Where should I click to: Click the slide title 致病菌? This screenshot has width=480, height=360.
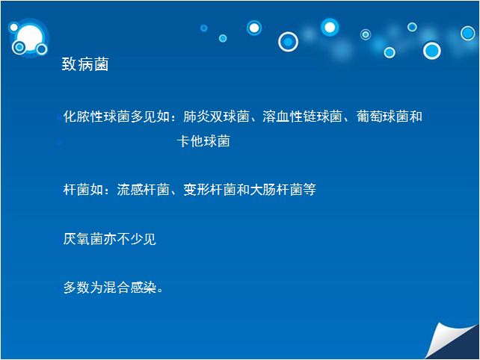pos(85,64)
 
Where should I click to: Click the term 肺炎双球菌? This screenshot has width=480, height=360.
pos(216,117)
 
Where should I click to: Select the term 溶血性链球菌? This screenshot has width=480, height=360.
pos(302,117)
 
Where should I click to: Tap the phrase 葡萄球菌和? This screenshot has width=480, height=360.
pos(390,117)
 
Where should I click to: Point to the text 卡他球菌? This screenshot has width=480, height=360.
pos(203,141)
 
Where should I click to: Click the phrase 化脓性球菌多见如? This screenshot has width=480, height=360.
pos(117,117)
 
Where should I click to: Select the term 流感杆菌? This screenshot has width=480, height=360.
pos(143,190)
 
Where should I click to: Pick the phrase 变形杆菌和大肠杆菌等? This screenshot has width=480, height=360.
pos(250,190)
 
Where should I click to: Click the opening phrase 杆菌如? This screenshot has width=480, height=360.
pos(83,190)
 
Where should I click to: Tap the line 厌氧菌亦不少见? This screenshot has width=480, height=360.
pos(110,239)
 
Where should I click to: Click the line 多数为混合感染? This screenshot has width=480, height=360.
pos(110,288)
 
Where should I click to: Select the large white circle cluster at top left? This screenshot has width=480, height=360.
pos(29,38)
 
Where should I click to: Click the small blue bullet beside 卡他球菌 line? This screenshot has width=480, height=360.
pos(59,142)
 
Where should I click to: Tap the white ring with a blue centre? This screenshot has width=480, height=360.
pos(288,42)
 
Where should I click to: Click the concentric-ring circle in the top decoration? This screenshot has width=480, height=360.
pos(366,34)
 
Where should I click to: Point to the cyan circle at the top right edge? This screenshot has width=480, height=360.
pos(468,33)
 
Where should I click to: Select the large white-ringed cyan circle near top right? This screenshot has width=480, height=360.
pos(432,51)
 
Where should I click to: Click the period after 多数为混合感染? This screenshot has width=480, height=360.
pos(160,290)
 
